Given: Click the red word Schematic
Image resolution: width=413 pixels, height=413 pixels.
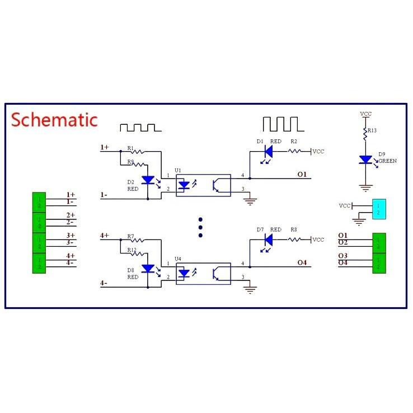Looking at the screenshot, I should point(54,119).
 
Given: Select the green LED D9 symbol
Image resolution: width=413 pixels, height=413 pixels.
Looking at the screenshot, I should point(365,160).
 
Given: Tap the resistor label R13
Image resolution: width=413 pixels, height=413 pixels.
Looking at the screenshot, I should point(372,130).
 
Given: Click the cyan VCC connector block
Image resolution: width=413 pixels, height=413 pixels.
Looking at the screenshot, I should point(378,209).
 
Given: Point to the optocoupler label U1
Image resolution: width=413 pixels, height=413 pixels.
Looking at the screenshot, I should point(178,169).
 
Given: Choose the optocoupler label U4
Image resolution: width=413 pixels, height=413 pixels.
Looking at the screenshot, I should point(178,258).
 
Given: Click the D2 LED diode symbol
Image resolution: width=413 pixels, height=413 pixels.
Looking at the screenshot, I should point(148,180).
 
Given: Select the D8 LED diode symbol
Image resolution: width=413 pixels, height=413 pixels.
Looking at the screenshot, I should point(148,269).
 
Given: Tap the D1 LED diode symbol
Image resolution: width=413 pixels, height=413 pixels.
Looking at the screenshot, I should point(267,151).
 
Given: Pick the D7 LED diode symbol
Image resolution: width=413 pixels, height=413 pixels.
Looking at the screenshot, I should point(267,240).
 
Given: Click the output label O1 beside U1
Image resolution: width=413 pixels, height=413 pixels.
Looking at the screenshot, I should point(302,175).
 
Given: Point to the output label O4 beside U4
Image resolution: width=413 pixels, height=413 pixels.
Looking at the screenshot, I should point(302,263).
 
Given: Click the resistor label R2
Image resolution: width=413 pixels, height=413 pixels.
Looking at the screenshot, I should point(294,142).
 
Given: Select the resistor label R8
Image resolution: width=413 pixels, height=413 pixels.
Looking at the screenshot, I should point(294,230).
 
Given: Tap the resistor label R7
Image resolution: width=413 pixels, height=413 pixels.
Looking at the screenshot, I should point(130,236).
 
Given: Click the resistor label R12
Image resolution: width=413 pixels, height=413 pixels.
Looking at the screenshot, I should point(132,250).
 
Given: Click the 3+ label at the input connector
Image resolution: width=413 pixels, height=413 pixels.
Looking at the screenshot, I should point(71,236).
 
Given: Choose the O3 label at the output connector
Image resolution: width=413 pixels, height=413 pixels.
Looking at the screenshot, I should point(343,256).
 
